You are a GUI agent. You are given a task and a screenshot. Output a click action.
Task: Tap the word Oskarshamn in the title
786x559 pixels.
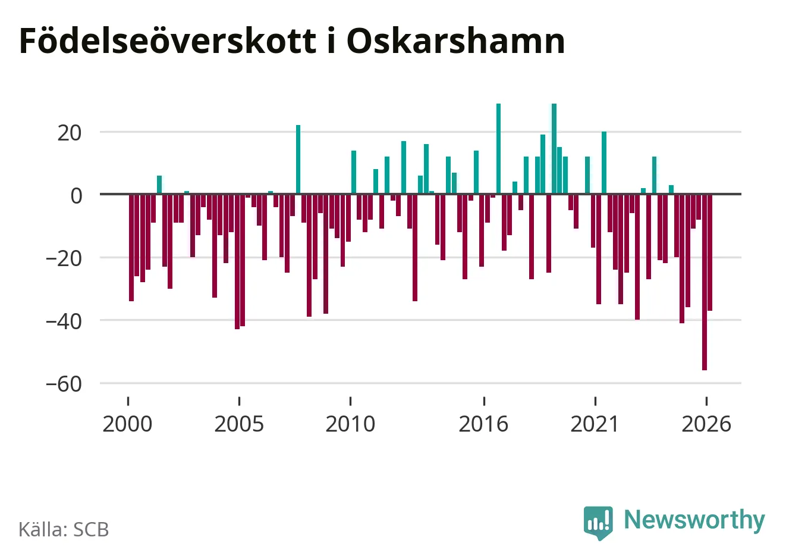pyautogui.click(x=456, y=40)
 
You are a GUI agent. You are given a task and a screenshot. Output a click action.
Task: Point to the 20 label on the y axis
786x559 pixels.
pyautogui.click(x=70, y=133)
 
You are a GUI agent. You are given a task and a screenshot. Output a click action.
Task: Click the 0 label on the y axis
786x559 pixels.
pyautogui.click(x=76, y=196)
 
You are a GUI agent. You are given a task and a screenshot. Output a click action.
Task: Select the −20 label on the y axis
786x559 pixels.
pyautogui.click(x=64, y=258)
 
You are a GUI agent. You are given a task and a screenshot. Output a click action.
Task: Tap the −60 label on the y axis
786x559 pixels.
pyautogui.click(x=64, y=384)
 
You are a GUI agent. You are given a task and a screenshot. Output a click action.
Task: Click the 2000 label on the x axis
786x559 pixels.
pyautogui.click(x=127, y=424)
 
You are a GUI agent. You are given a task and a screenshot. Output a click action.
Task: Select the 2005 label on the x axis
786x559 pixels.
pyautogui.click(x=239, y=424)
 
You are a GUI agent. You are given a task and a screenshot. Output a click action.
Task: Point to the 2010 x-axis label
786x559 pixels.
pyautogui.click(x=350, y=424)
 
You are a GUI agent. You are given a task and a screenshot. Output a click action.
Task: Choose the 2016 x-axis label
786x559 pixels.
pyautogui.click(x=483, y=424)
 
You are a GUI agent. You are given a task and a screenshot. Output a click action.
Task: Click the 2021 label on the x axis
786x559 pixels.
pyautogui.click(x=595, y=424)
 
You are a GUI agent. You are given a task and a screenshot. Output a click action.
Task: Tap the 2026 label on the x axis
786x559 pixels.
pyautogui.click(x=706, y=424)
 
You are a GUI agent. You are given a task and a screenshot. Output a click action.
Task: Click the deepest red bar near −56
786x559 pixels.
pyautogui.click(x=704, y=282)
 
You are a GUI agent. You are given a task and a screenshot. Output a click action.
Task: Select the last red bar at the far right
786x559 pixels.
pyautogui.click(x=710, y=252)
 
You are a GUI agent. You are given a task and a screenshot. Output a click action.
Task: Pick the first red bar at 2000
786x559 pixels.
pyautogui.click(x=131, y=247)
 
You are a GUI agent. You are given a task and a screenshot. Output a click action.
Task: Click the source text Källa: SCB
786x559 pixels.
pyautogui.click(x=64, y=529)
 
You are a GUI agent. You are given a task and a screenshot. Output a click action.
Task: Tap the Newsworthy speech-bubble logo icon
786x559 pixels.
pyautogui.click(x=598, y=522)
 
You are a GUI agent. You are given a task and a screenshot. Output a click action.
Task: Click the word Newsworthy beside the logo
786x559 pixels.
pyautogui.click(x=694, y=519)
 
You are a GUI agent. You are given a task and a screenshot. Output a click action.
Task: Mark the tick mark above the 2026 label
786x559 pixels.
pyautogui.click(x=706, y=401)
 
